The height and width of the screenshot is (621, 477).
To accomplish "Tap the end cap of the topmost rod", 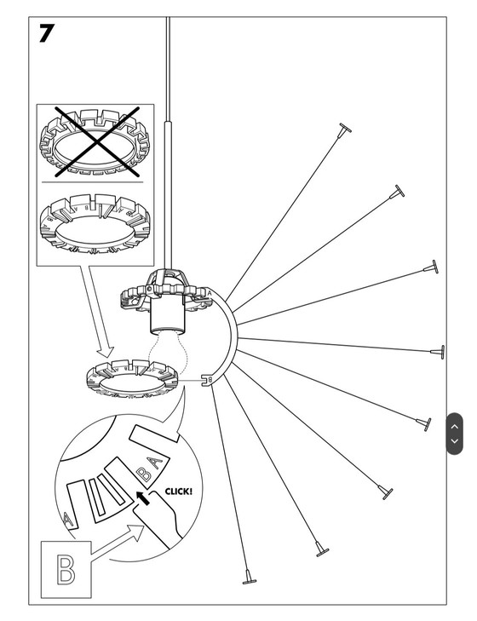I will pos(343,130).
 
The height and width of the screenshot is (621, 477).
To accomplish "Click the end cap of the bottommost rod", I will pos(248,578).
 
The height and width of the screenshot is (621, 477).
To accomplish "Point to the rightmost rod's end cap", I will pos(442,352).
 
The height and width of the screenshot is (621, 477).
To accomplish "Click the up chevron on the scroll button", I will pos(455,425).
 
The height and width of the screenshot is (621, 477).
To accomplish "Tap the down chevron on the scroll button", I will pos(455,440).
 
